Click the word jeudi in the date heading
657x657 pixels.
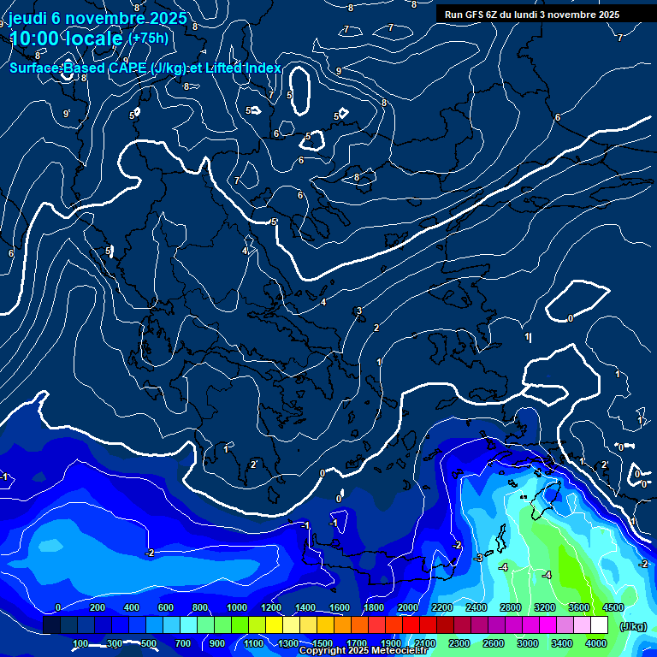tap(32, 18)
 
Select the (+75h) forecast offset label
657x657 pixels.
tap(148, 38)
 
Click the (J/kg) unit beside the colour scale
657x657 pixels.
tap(632, 627)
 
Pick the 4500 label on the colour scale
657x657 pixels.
tap(613, 607)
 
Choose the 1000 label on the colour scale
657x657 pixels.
tap(236, 607)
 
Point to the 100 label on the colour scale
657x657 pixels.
tap(80, 643)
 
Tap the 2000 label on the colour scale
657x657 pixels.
tap(408, 607)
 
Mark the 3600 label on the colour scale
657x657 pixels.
tap(579, 607)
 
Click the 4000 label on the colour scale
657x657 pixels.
tap(596, 643)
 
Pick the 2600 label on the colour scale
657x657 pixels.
tap(494, 643)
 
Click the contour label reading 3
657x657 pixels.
tap(360, 311)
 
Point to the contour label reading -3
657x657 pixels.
tap(477, 558)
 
